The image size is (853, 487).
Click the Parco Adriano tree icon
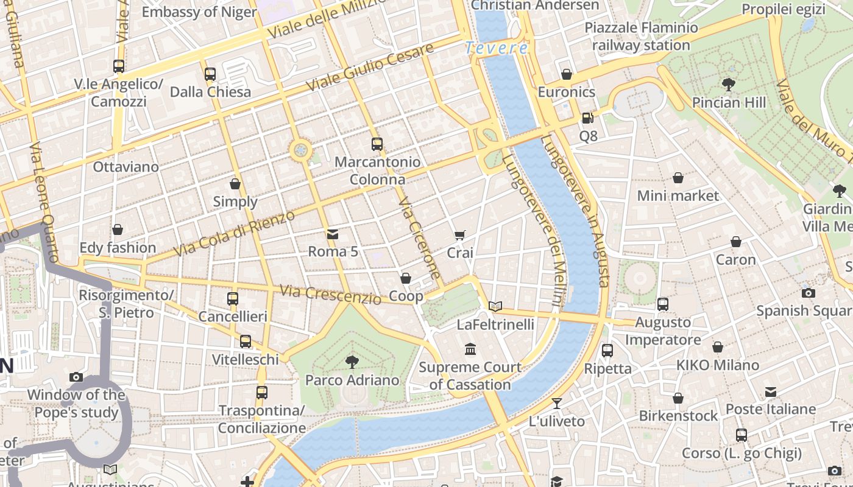pos(352,362)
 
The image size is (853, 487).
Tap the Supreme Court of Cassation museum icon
pos(470,349)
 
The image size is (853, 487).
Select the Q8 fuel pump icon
pos(588,118)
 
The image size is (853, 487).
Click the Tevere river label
pos(496,48)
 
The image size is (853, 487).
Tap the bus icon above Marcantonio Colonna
pos(377,144)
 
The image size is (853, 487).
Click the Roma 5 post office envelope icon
pos(333,234)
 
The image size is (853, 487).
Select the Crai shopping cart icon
pos(460,235)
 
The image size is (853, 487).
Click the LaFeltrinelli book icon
pos(495,306)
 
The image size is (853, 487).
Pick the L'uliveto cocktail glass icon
pos(556,403)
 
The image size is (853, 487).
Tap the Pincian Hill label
pos(729,102)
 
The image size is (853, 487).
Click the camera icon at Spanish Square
pos(809,293)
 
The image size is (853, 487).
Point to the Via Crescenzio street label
pos(330,295)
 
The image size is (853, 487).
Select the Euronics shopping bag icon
pos(567,74)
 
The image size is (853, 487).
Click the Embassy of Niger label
pos(199,12)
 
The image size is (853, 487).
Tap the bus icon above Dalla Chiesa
pos(210,74)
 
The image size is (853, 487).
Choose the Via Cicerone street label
pos(419,237)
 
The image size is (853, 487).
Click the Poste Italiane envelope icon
pos(771,391)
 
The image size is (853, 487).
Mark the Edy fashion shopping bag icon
pos(118,229)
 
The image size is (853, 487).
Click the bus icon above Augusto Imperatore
pos(663,304)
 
